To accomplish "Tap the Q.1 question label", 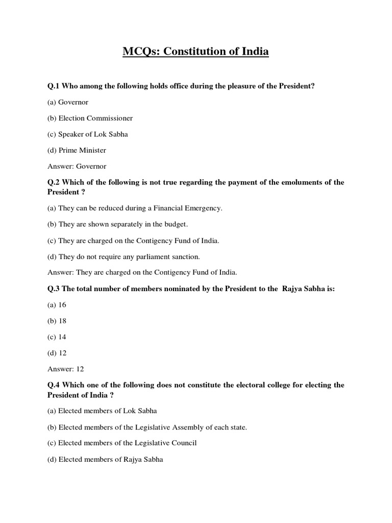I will coord(55,86).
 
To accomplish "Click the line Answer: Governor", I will coord(77,166).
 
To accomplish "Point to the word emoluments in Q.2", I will coord(290,182).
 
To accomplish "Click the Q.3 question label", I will coord(55,289).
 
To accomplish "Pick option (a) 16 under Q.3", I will coord(57,305).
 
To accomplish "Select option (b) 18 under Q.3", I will coord(57,321).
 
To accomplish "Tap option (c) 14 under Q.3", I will coord(57,337).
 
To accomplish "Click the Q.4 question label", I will coord(55,385).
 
